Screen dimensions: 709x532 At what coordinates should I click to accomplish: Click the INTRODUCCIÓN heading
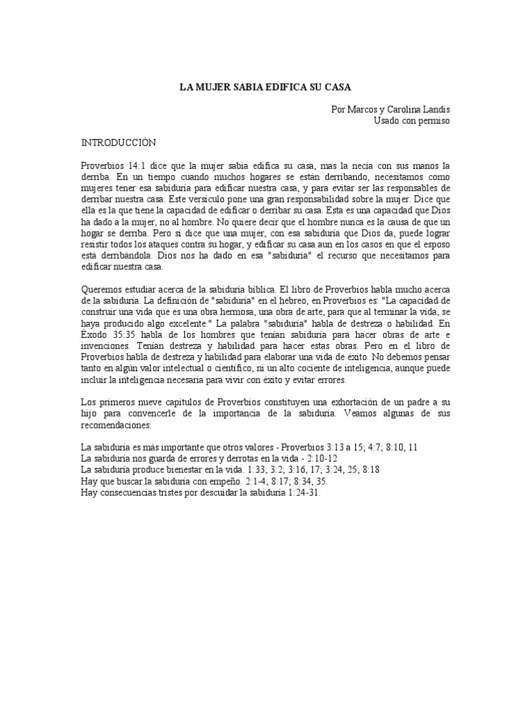tap(119, 143)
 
